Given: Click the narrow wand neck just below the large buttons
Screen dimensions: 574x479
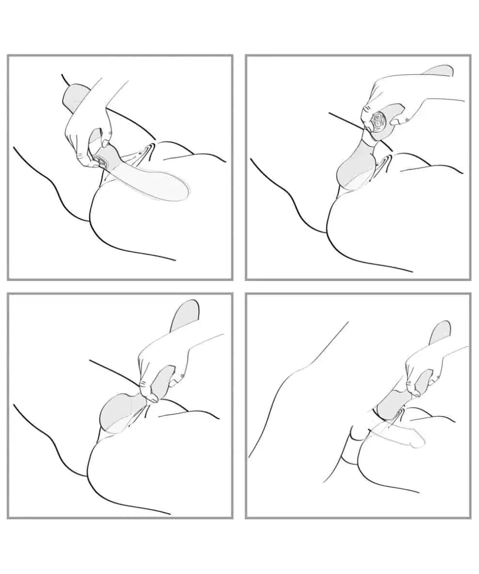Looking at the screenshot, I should (x=368, y=141).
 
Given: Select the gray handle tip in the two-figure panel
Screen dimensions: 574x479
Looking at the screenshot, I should (x=440, y=332).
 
